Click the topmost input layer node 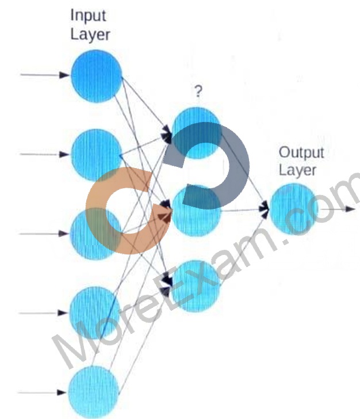point(97,76)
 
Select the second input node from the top point(97,155)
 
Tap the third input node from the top point(95,234)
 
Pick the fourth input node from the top point(95,313)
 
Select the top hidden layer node point(197,133)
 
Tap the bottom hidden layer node point(196,287)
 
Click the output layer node point(294,209)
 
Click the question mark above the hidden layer point(198,91)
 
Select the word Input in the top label point(88,16)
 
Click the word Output point(301,153)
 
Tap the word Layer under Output point(297,170)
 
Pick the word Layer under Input point(90,35)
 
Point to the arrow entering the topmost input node point(45,75)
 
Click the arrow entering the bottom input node point(42,393)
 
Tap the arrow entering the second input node point(45,154)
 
